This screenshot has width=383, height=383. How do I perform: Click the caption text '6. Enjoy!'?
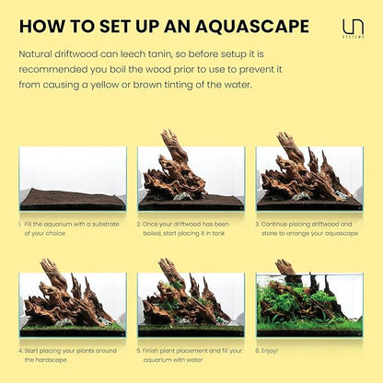coord(274,350)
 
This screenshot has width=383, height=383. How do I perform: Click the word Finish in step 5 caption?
coord(154,350)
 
